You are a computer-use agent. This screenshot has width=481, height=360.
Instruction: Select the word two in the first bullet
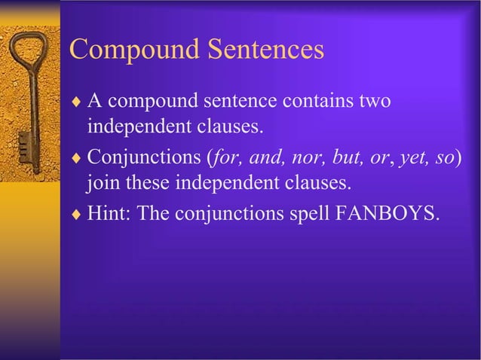[373, 101]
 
